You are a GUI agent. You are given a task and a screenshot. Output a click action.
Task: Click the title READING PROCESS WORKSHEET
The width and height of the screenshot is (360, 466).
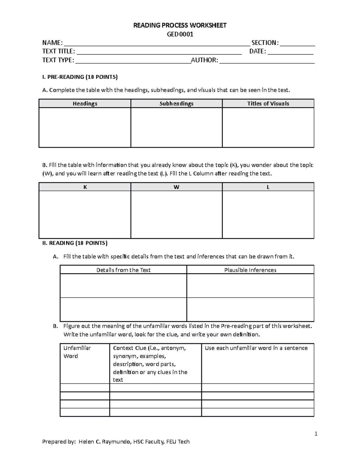coord(180,25)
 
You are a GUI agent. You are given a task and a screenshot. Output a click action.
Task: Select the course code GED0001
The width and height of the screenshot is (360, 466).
coord(180,34)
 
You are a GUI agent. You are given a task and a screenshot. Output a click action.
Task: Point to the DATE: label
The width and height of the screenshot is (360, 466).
coord(257,51)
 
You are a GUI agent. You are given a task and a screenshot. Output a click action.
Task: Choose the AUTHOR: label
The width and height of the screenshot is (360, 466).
coord(204,60)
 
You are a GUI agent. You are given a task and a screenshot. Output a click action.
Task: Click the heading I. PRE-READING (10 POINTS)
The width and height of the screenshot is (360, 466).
coord(80,77)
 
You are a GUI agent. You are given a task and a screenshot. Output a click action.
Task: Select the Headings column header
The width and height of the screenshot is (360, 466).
coord(85,104)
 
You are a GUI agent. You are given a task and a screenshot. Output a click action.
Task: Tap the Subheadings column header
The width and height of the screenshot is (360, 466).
coord(176,104)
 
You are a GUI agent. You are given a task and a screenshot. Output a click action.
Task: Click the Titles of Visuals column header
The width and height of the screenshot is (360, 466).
coord(268,104)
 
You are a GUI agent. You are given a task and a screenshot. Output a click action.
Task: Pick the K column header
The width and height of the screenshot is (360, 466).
coord(85,187)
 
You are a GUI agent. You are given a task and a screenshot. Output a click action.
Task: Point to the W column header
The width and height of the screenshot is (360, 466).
coord(176,187)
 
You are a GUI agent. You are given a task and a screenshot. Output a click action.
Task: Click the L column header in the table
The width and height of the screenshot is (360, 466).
coord(268,187)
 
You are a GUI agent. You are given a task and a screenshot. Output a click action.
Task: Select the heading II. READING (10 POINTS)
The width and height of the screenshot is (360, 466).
coord(75,243)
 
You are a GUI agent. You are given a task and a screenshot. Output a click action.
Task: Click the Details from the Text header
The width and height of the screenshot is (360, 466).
coord(123,270)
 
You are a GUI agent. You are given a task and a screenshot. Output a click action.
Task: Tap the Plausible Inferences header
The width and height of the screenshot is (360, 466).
coord(250,270)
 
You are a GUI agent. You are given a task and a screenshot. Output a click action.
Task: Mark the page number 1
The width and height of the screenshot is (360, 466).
coord(316,434)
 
